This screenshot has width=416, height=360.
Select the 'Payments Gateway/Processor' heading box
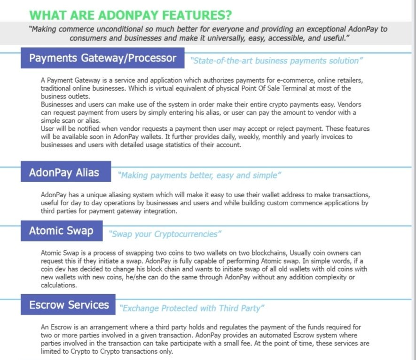pos(102,58)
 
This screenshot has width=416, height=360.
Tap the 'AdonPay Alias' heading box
pos(66,172)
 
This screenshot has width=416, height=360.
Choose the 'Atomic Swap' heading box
pos(61,231)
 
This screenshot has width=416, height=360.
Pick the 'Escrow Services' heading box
pos(69,305)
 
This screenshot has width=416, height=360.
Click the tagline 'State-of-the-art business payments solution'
pos(277,61)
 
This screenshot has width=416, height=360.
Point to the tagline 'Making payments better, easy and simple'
pos(199,176)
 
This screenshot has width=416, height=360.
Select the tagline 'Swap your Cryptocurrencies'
pos(165,234)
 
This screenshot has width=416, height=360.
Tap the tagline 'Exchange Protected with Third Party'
pos(192,309)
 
